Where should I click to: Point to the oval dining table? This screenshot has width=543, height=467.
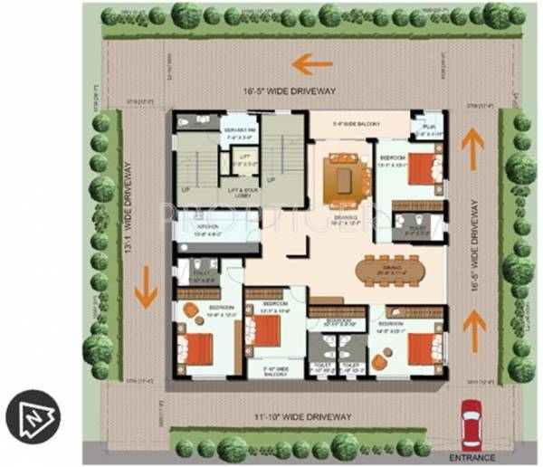[387, 271]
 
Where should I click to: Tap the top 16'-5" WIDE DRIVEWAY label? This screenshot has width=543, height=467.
[289, 91]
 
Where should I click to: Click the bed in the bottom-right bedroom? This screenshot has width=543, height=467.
[422, 348]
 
